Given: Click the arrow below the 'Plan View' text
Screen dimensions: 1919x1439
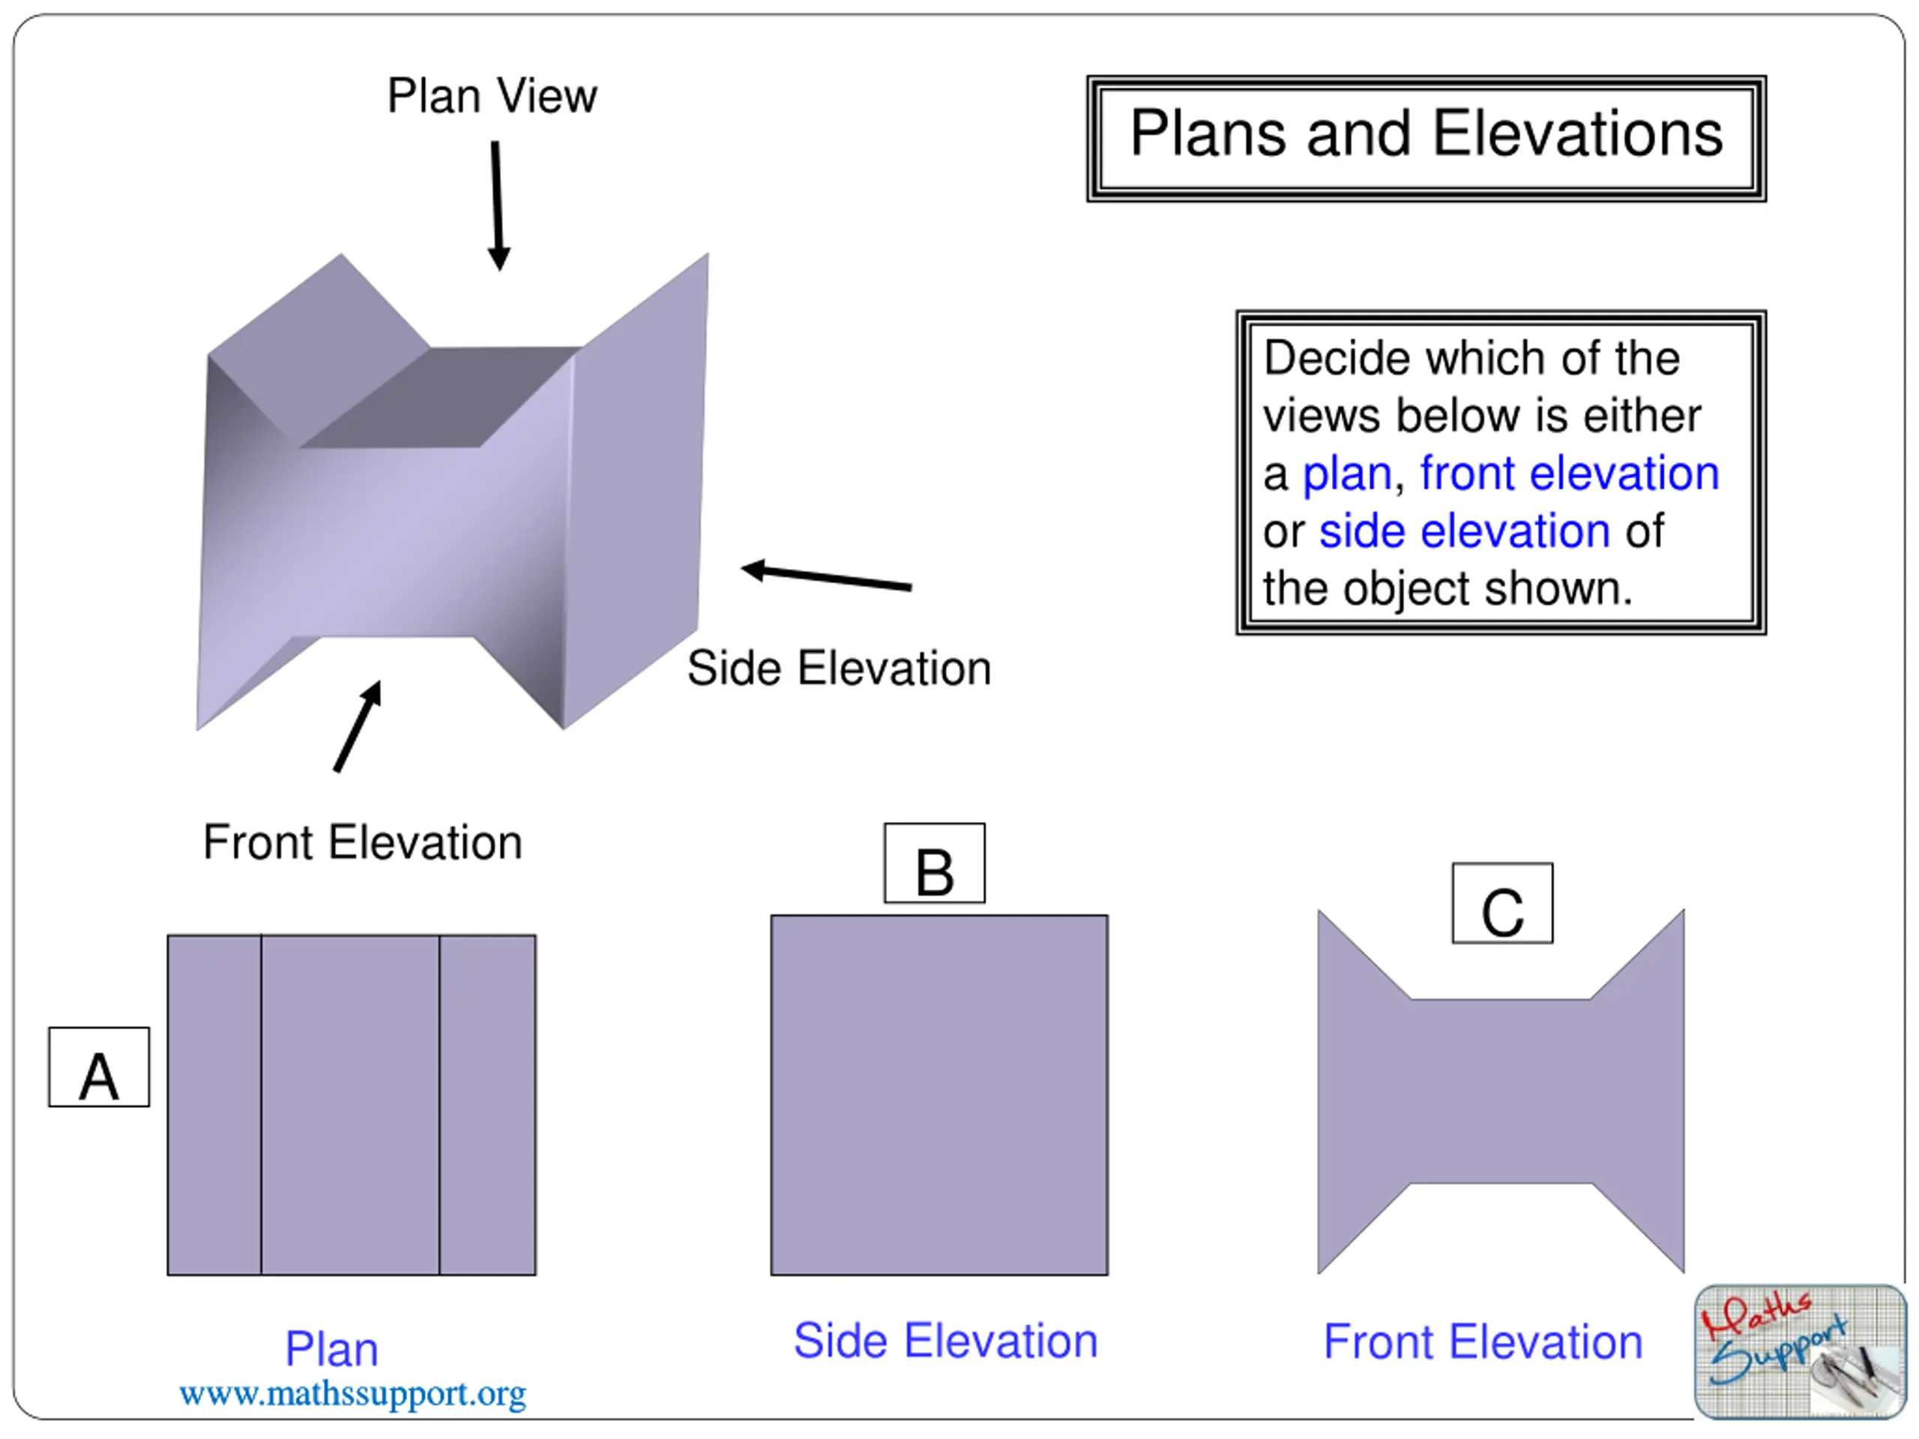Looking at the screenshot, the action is [497, 205].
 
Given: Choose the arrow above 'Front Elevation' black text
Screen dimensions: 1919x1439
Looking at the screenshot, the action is [358, 726].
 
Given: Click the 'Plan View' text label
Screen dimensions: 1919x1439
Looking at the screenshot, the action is [492, 95].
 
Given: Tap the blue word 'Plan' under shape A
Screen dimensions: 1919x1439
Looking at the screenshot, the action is [331, 1349].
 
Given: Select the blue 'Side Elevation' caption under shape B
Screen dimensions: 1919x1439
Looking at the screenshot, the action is [945, 1341].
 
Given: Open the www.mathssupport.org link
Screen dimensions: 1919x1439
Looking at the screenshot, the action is [352, 1394].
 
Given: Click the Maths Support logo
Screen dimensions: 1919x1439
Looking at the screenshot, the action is [1800, 1352].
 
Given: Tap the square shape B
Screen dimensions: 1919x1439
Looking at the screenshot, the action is [939, 1095].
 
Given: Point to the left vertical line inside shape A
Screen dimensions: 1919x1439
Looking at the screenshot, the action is [261, 1104].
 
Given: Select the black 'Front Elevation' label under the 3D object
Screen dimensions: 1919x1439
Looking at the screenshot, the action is [363, 842].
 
